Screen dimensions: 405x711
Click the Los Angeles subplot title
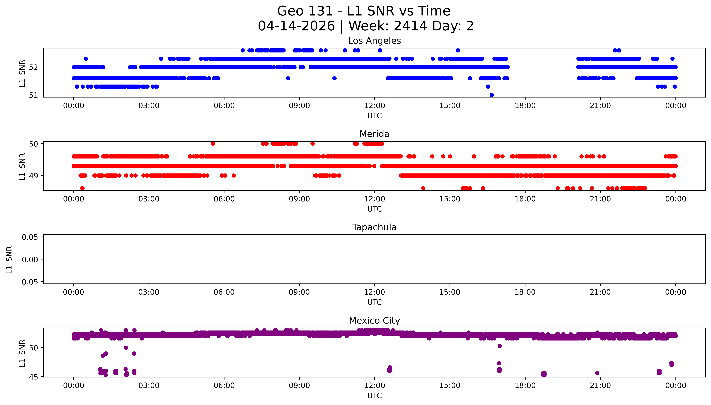pyautogui.click(x=374, y=41)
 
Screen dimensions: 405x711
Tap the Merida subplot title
pyautogui.click(x=374, y=134)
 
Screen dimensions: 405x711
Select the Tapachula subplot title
pyautogui.click(x=374, y=227)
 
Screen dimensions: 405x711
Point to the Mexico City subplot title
pyautogui.click(x=374, y=321)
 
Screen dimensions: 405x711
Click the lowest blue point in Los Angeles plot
pyautogui.click(x=492, y=95)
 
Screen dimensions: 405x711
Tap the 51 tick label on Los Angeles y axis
pyautogui.click(x=33, y=95)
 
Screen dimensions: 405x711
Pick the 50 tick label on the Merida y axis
pyautogui.click(x=33, y=144)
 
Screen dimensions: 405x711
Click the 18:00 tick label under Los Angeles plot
pyautogui.click(x=525, y=106)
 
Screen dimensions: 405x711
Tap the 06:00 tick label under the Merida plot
pyautogui.click(x=224, y=199)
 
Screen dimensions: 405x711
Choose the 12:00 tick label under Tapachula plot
pyautogui.click(x=375, y=292)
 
